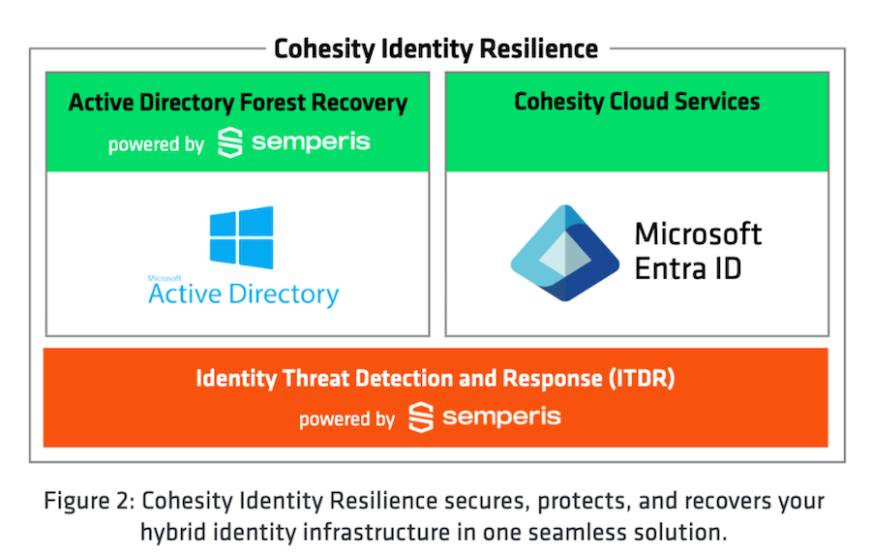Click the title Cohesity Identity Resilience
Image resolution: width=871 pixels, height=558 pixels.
click(435, 48)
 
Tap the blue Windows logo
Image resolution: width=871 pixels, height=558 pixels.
click(242, 236)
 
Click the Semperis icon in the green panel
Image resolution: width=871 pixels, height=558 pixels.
click(229, 142)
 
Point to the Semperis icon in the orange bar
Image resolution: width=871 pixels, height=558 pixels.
click(420, 418)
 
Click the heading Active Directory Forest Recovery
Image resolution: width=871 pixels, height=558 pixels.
click(238, 103)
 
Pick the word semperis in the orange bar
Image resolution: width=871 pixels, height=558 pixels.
click(501, 418)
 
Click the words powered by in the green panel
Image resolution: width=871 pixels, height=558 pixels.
click(156, 145)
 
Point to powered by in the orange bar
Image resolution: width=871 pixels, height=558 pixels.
click(346, 419)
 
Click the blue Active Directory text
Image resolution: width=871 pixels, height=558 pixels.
click(244, 294)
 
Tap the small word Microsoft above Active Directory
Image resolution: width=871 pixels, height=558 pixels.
click(165, 277)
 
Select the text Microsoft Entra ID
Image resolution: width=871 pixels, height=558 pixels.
click(698, 251)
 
